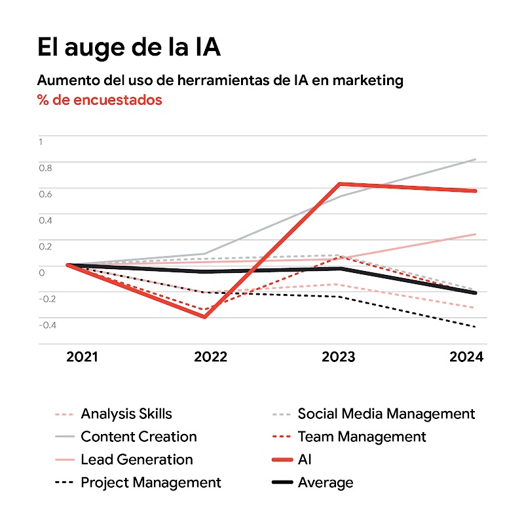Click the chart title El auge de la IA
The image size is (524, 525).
pyautogui.click(x=129, y=48)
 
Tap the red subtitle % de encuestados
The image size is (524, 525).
pyautogui.click(x=100, y=100)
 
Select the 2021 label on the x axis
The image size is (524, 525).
pyautogui.click(x=82, y=357)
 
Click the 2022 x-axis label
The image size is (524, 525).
pyautogui.click(x=210, y=357)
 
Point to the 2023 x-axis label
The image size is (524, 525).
pyautogui.click(x=339, y=357)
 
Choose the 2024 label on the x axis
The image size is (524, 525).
pyautogui.click(x=466, y=357)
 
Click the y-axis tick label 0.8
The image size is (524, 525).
pyautogui.click(x=45, y=168)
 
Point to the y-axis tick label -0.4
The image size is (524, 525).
pyautogui.click(x=47, y=325)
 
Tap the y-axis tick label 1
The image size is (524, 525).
pyautogui.click(x=41, y=141)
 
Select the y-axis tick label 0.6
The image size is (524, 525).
pyautogui.click(x=45, y=194)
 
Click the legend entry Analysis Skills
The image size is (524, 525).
pyautogui.click(x=126, y=414)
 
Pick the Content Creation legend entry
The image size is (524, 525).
pyautogui.click(x=138, y=437)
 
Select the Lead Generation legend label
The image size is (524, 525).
pyautogui.click(x=136, y=460)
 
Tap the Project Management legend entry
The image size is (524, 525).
pyautogui.click(x=151, y=483)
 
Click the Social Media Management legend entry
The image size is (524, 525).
pyautogui.click(x=386, y=414)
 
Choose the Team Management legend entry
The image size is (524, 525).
pyautogui.click(x=362, y=437)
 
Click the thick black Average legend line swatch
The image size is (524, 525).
pyautogui.click(x=281, y=483)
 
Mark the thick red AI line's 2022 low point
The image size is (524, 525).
pyautogui.click(x=205, y=317)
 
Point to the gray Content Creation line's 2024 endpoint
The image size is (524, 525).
pyautogui.click(x=476, y=159)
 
